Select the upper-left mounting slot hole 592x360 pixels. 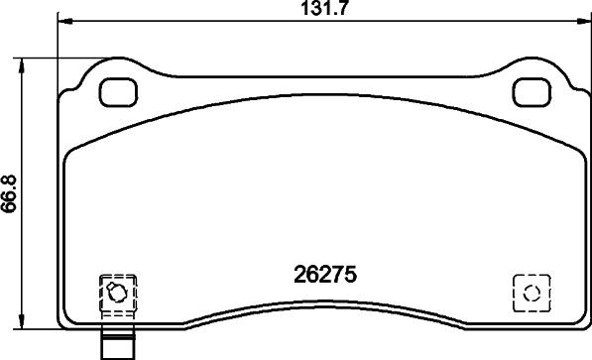[x=119, y=92]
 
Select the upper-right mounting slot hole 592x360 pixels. [x=531, y=92]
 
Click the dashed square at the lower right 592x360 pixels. [x=531, y=293]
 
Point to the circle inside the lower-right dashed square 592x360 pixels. [x=531, y=293]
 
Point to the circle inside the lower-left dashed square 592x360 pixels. [x=115, y=293]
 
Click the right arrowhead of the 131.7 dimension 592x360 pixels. [x=580, y=21]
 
